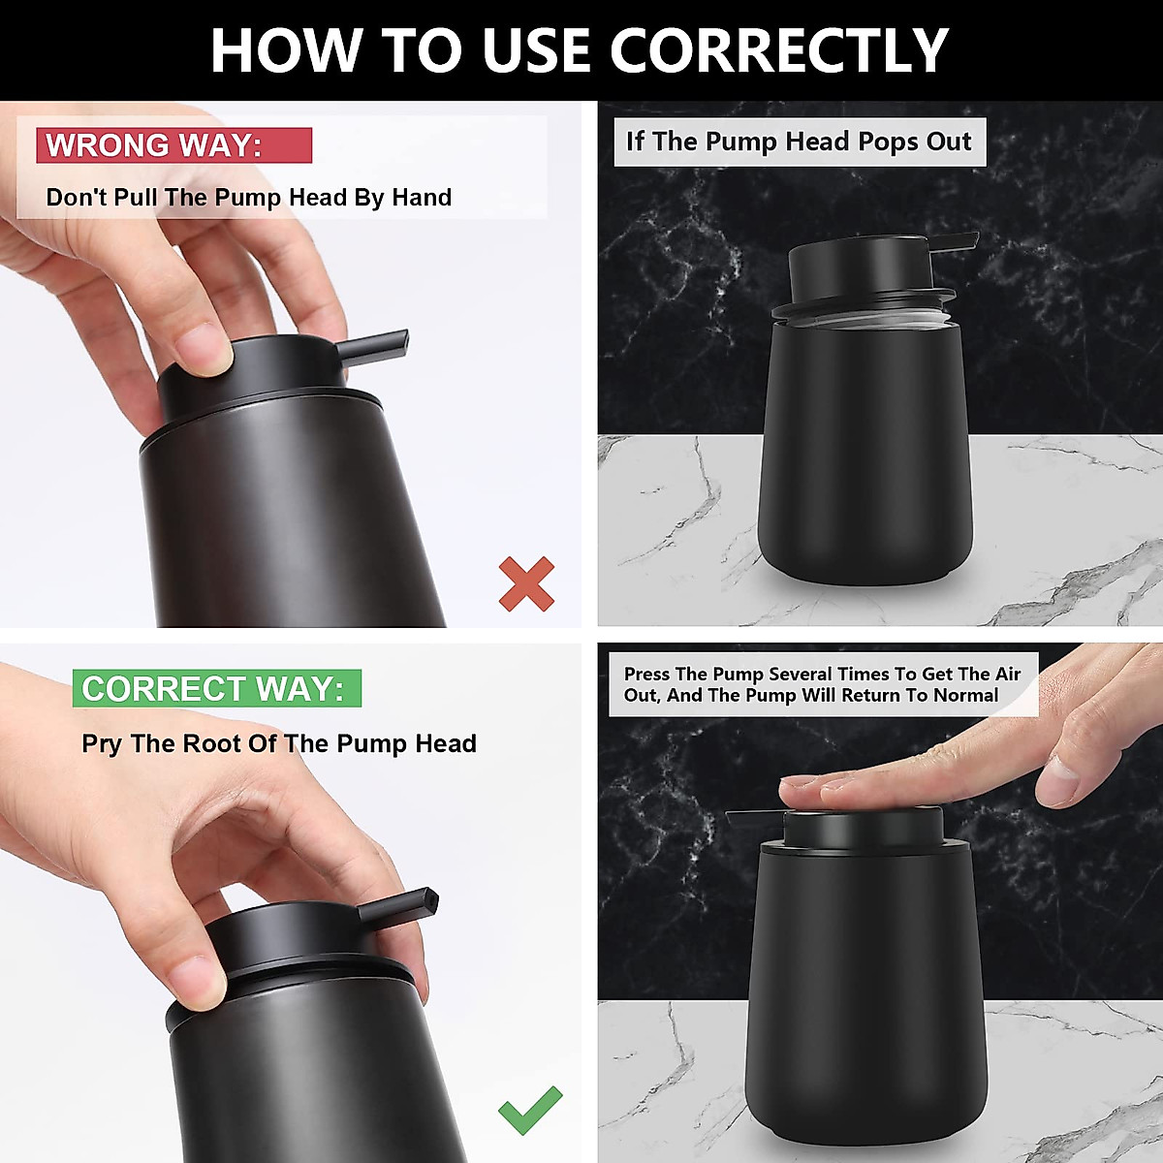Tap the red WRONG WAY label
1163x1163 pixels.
[174, 145]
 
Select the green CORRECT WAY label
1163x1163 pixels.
[216, 689]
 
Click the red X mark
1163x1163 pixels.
[526, 583]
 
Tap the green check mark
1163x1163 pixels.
[530, 1111]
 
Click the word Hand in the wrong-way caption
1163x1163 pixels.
[422, 198]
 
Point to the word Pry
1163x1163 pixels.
[102, 744]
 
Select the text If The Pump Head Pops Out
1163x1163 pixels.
[799, 142]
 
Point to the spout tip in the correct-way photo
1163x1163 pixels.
[430, 900]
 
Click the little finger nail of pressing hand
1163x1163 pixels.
[1060, 781]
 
